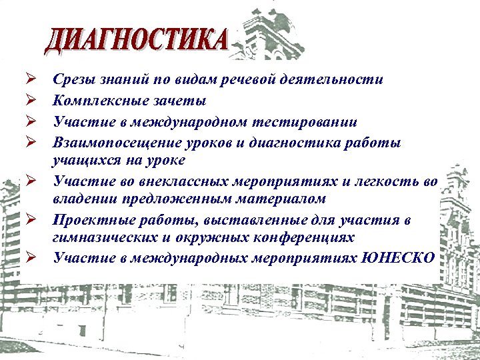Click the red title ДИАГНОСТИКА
pos(137,41)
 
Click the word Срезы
pos(73,81)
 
